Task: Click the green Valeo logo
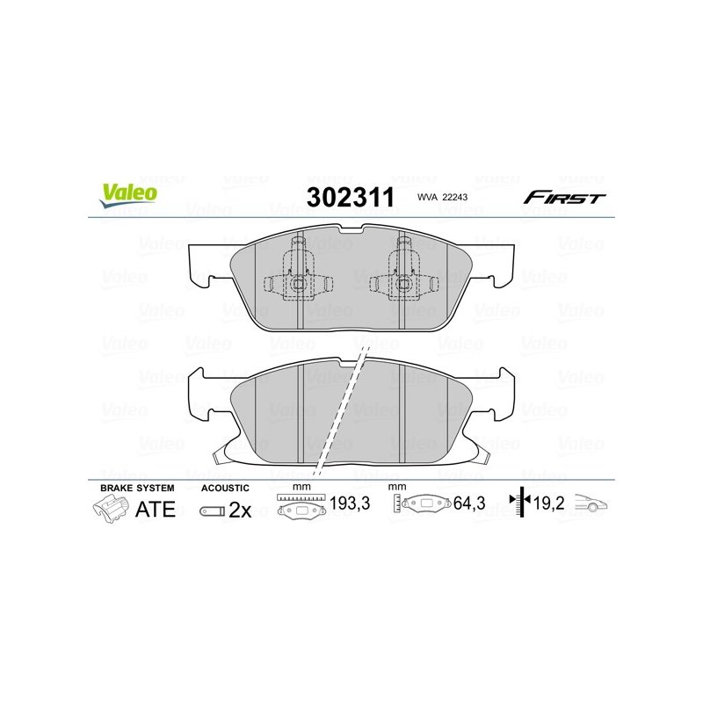pos(128,195)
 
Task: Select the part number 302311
pos(350,197)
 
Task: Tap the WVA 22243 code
pos(442,197)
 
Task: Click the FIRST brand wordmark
pos(564,197)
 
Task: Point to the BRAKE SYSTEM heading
pos(137,488)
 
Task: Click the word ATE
pos(156,510)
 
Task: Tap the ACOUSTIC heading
pos(225,488)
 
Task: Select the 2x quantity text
pos(240,511)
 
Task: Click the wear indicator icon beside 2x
pos(212,511)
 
